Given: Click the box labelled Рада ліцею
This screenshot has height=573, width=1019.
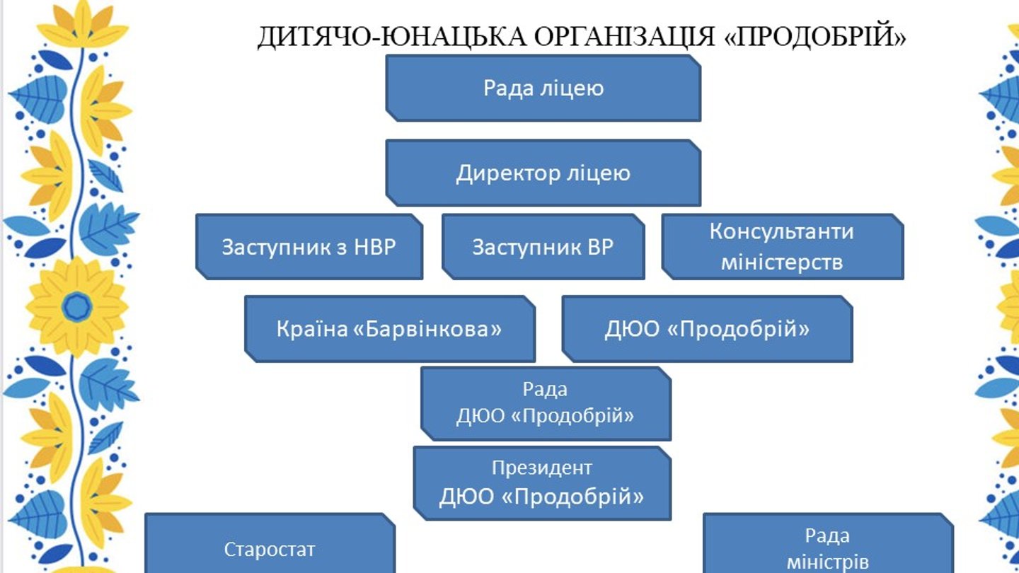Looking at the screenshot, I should [543, 88].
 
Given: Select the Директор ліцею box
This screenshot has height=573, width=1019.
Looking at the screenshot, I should [543, 173].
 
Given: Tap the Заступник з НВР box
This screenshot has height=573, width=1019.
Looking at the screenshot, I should [309, 247].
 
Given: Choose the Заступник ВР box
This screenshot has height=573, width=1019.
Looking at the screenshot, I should [543, 247].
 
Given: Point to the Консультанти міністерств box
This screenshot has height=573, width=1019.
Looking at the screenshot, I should [782, 247].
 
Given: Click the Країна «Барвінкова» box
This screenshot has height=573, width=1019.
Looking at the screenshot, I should [389, 329].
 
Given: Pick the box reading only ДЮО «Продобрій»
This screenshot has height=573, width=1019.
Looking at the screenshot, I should [707, 329].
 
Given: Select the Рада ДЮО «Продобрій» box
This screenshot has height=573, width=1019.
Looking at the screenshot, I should [545, 403].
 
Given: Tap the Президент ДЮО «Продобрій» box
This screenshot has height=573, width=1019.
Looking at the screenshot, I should [541, 483].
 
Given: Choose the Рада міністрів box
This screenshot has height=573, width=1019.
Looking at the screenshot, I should [827, 548].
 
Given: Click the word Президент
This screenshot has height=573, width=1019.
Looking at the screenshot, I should [541, 468].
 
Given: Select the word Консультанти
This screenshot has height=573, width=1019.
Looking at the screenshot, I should [782, 231].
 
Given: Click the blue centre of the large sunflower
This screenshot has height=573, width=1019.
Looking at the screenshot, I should [76, 307].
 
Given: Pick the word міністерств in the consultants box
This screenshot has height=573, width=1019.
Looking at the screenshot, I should [782, 262].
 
